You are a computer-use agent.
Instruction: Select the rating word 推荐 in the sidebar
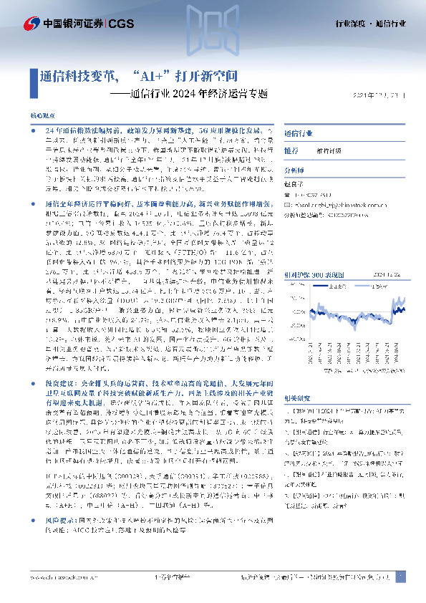[291, 151]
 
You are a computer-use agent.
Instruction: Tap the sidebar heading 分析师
[294, 170]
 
